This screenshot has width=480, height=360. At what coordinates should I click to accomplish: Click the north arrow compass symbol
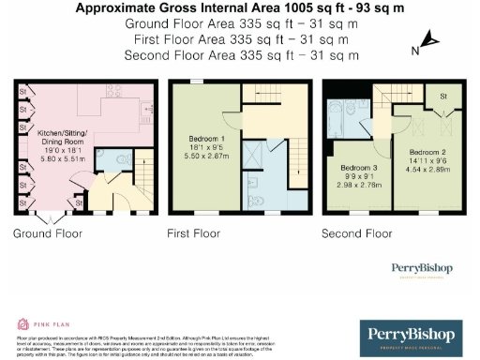(428, 40)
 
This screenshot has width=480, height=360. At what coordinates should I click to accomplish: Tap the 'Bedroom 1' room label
(194, 139)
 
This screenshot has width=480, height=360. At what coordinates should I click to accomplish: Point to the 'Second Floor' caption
(357, 232)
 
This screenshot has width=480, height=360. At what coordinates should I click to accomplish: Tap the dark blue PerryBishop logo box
(412, 336)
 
